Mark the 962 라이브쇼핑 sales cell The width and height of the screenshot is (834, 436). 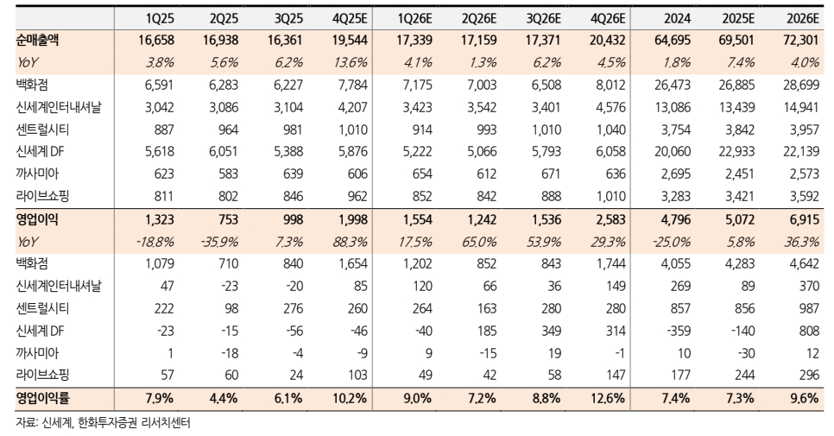(355, 197)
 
